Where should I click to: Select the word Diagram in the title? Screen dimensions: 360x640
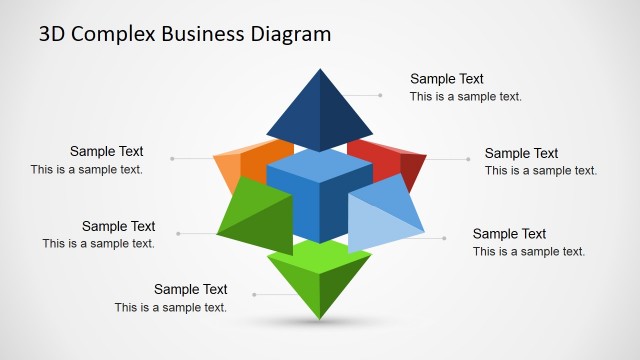click(x=291, y=35)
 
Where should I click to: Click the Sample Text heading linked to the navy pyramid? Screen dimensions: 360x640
click(x=447, y=79)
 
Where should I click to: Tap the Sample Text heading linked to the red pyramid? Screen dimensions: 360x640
click(x=521, y=153)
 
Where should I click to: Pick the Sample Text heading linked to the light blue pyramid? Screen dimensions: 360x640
click(x=509, y=234)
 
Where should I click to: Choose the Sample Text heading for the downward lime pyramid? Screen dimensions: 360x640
click(x=190, y=290)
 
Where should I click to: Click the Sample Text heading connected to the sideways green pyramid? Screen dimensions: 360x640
click(x=118, y=226)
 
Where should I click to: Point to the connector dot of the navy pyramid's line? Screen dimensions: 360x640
click(x=381, y=95)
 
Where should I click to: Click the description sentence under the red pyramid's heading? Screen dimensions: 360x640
click(x=541, y=170)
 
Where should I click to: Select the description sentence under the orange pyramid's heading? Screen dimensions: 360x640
click(x=86, y=169)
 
